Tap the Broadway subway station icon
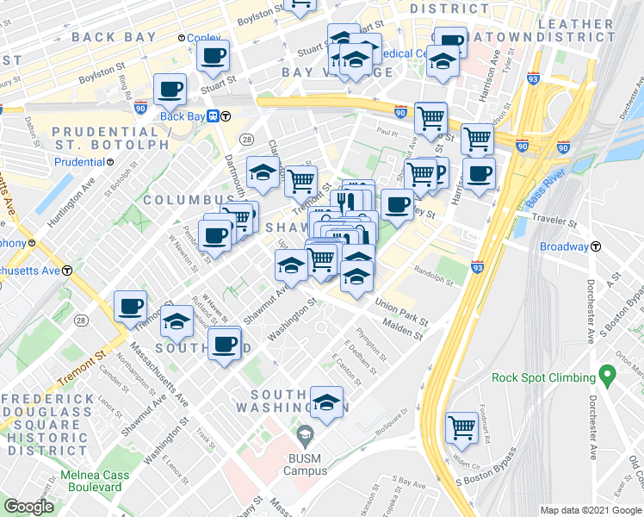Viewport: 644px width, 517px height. pyautogui.click(x=595, y=246)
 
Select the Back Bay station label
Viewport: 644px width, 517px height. pyautogui.click(x=183, y=116)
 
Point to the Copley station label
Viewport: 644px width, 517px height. pyautogui.click(x=204, y=39)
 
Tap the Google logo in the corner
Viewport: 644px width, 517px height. pyautogui.click(x=28, y=507)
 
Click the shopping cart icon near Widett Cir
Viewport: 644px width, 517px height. pyautogui.click(x=462, y=425)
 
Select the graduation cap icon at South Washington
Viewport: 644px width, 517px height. pyautogui.click(x=326, y=402)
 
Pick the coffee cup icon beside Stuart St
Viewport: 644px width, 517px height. pyautogui.click(x=213, y=57)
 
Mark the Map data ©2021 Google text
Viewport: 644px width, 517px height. pyautogui.click(x=590, y=510)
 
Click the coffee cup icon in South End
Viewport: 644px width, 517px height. pyautogui.click(x=224, y=344)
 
